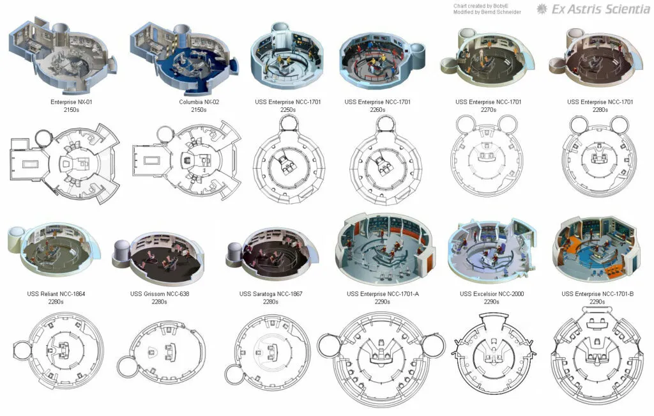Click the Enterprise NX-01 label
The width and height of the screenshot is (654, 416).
tap(72, 102)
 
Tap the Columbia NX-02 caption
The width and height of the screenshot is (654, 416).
tap(199, 102)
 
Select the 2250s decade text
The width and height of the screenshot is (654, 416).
tap(288, 110)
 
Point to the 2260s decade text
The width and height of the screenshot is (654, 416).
tap(377, 110)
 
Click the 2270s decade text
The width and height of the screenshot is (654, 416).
tap(489, 110)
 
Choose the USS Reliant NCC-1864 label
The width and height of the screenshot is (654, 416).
tap(56, 294)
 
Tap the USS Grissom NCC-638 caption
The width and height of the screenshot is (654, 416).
tap(159, 294)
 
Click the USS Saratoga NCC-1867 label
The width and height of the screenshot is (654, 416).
tap(271, 294)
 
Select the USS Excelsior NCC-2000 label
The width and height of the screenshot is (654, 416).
tap(492, 294)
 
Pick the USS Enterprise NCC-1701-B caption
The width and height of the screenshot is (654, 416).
tap(597, 294)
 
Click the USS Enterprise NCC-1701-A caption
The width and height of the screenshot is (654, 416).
tap(383, 294)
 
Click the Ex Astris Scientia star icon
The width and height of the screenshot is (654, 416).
tap(542, 9)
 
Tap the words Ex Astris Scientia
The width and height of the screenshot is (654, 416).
tap(600, 9)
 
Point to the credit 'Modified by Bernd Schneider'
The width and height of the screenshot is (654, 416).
tap(487, 13)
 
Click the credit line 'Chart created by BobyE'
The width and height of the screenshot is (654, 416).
tap(481, 6)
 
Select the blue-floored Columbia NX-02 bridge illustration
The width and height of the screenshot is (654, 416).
tap(185, 58)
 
